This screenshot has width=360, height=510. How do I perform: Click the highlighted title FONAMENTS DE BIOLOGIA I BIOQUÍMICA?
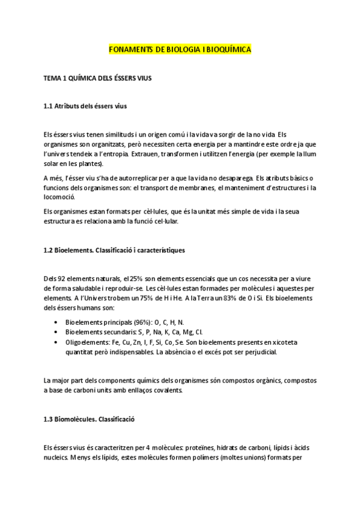180,50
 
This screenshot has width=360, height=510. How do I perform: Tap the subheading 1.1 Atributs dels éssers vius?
85,106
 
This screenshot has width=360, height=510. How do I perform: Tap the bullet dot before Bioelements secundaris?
56,331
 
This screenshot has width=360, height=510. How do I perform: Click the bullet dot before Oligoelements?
56,342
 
